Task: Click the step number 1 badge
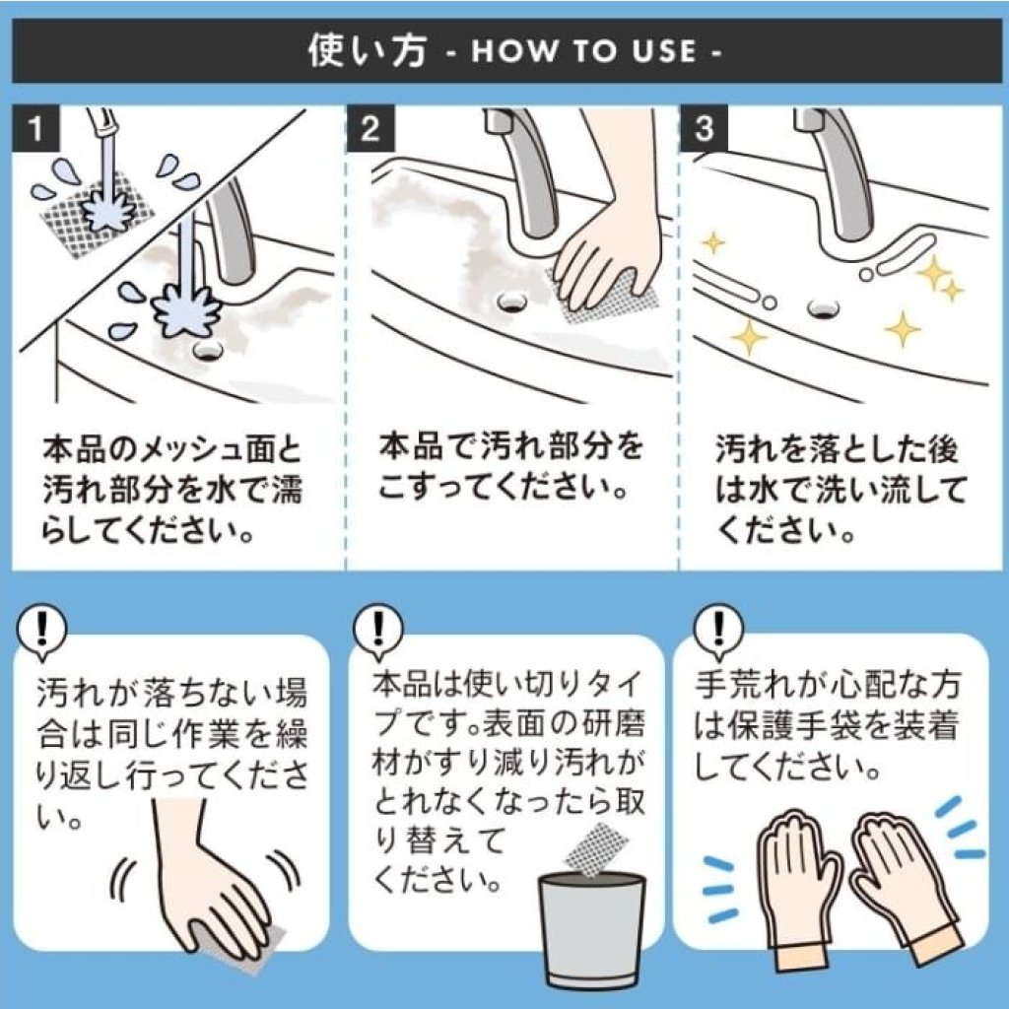[35, 128]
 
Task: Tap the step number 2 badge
[370, 128]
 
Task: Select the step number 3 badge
[704, 128]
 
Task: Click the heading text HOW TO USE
[584, 51]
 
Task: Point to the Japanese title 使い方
[368, 50]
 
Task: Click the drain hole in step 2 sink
[512, 300]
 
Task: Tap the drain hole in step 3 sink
[823, 307]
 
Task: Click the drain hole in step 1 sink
[207, 350]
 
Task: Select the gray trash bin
[592, 930]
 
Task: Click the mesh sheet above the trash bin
[596, 848]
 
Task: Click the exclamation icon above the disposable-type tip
[379, 629]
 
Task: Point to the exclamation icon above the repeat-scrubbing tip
[41, 629]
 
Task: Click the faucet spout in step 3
[837, 172]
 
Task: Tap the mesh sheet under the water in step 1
[97, 213]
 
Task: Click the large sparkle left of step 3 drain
[749, 336]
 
